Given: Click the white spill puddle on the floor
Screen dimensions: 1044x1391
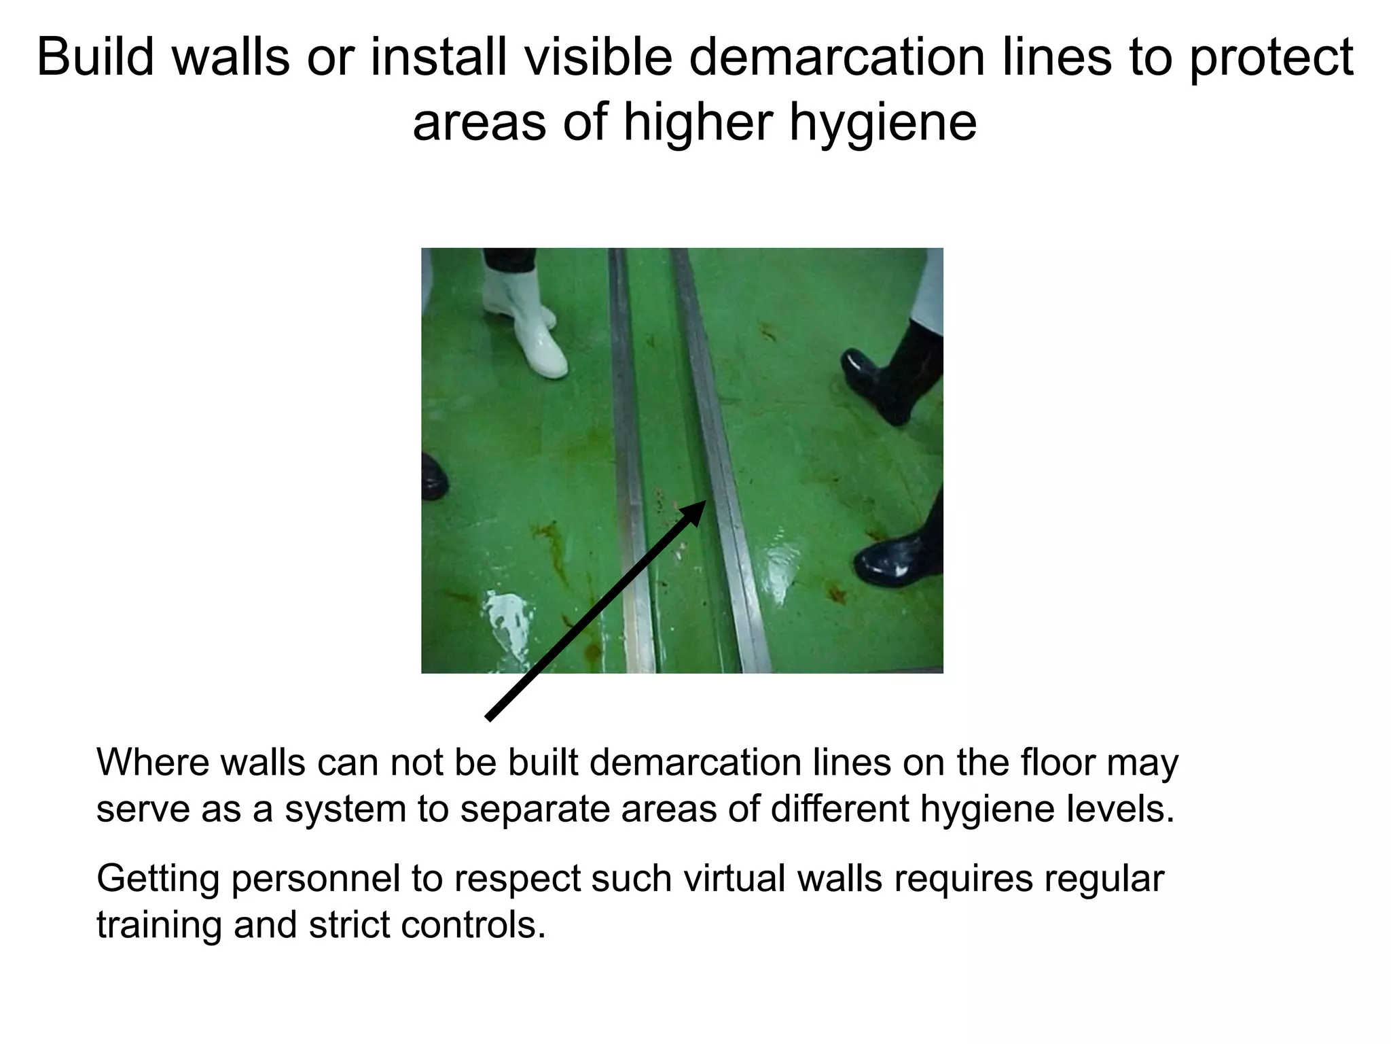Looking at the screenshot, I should click(506, 622).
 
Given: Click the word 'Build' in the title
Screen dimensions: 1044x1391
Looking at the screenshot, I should click(95, 57).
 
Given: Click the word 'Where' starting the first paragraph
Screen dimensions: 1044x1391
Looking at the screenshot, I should click(153, 763).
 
